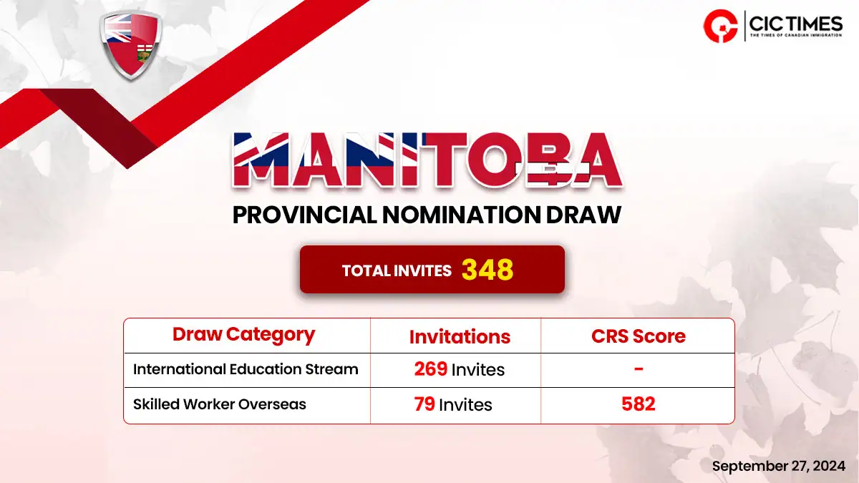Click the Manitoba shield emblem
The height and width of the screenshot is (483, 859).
(x=131, y=45)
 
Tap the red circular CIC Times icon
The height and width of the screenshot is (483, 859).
(x=721, y=26)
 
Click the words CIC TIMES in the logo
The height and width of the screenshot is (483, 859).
(x=796, y=24)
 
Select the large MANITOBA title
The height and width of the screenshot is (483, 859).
(x=427, y=160)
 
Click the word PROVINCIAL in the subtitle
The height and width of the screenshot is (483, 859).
(x=304, y=215)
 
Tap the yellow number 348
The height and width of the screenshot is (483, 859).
(x=487, y=270)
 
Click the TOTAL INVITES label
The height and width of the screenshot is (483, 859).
(x=397, y=271)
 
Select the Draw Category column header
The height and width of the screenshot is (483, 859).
(x=243, y=335)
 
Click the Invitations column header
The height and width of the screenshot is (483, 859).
(x=460, y=336)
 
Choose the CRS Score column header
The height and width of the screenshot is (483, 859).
(x=638, y=336)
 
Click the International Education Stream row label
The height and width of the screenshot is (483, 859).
(x=246, y=369)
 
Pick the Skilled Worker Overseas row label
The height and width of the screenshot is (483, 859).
(x=219, y=404)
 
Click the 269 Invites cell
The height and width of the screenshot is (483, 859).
(x=460, y=369)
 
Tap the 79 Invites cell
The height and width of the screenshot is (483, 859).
(x=453, y=404)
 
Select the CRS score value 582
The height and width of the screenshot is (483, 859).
(x=639, y=404)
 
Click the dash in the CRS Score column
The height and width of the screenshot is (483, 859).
(x=639, y=369)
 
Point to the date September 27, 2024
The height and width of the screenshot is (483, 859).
(x=779, y=466)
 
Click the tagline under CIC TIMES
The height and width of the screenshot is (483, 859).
(x=796, y=35)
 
